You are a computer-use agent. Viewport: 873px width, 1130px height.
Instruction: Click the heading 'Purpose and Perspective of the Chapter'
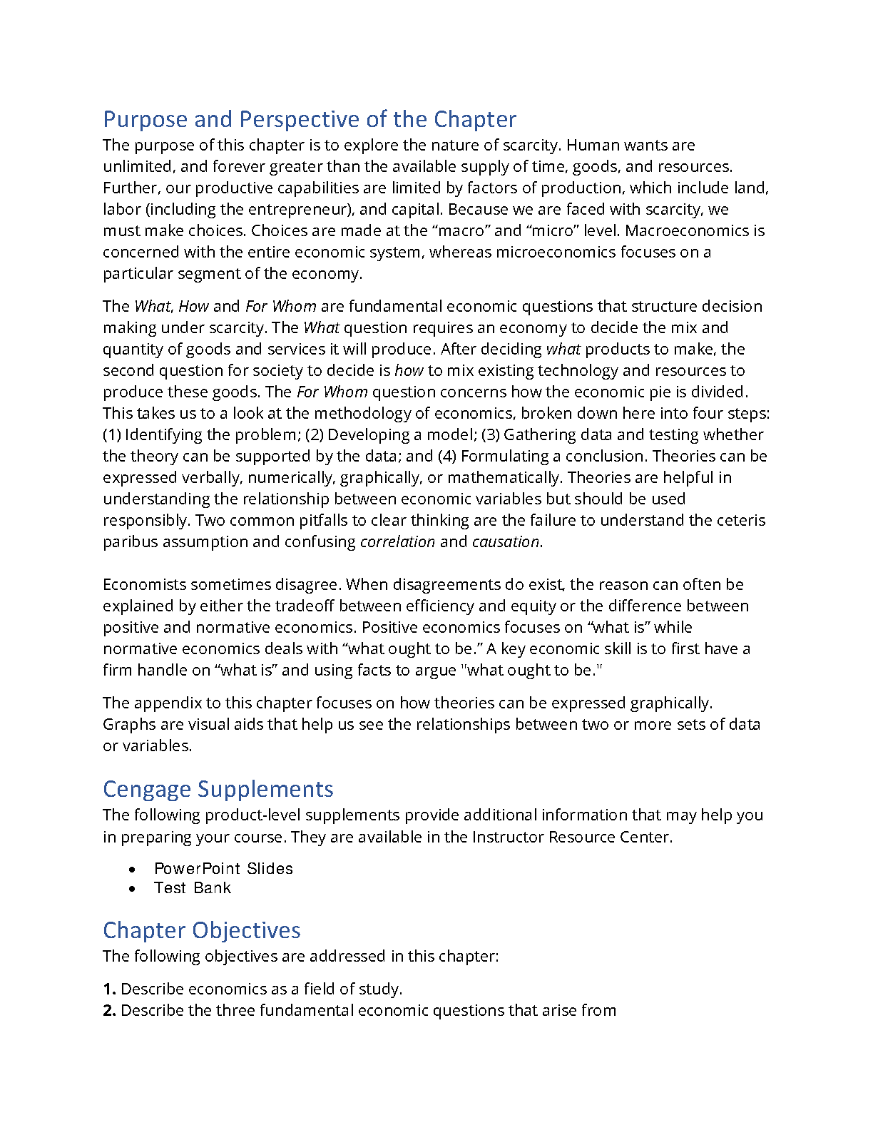coord(310,119)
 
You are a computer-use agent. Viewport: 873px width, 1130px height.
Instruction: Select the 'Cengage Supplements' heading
coord(218,789)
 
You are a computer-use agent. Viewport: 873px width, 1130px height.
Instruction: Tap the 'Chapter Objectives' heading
coord(201,930)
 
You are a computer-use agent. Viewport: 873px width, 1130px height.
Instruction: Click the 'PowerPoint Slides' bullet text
coord(223,868)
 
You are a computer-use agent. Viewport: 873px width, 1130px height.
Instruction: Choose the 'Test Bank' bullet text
coord(193,888)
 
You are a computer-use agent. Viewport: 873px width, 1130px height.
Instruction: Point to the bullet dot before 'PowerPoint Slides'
coord(133,870)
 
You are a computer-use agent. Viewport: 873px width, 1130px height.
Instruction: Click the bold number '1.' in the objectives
coord(109,989)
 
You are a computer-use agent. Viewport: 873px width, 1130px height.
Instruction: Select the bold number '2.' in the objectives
coord(109,1011)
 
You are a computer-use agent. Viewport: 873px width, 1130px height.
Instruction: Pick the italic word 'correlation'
coord(397,542)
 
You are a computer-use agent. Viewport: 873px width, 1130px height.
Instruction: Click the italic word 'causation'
coord(506,542)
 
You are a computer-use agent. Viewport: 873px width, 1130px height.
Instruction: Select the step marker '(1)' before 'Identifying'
coord(112,435)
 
